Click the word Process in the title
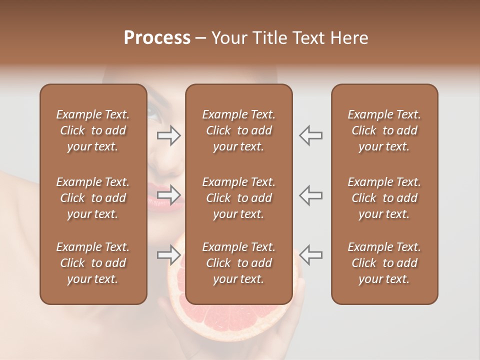coord(157,38)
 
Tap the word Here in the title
coord(348,38)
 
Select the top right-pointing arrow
coord(169,135)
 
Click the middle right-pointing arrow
coord(169,195)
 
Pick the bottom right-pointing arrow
coord(169,255)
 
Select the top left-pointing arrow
coord(310,135)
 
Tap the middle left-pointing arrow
coord(310,195)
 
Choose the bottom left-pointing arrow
coord(310,255)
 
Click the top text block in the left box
coord(93,130)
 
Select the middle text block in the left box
coord(93,198)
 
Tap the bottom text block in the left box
coord(93,263)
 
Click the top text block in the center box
coord(238,130)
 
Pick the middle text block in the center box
coord(238,198)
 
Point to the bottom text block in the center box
coord(238,263)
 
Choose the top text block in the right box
coord(384,130)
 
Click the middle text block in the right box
coord(384,198)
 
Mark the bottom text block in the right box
coord(384,263)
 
